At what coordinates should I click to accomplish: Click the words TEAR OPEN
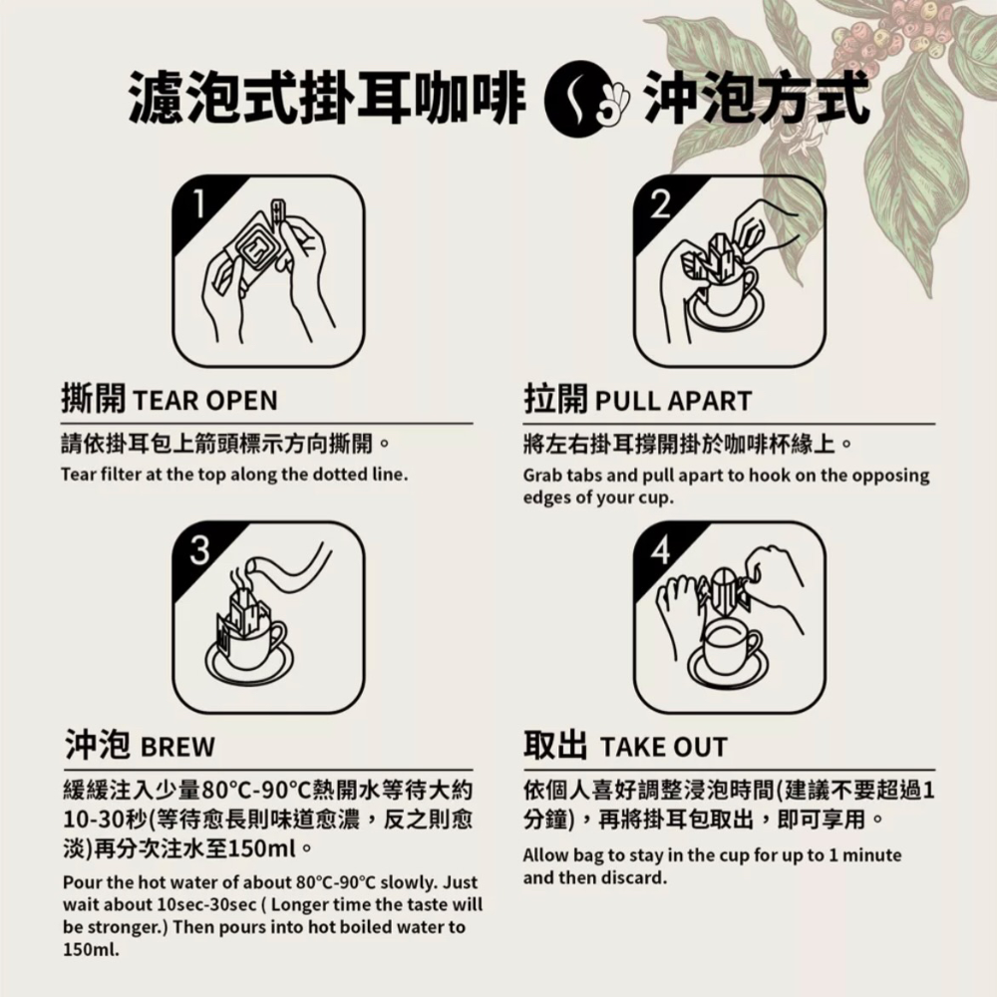204,401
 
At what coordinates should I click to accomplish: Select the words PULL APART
673,401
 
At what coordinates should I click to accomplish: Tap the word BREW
177,747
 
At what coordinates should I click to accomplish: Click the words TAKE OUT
664,747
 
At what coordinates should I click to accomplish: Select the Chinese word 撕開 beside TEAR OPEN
93,400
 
